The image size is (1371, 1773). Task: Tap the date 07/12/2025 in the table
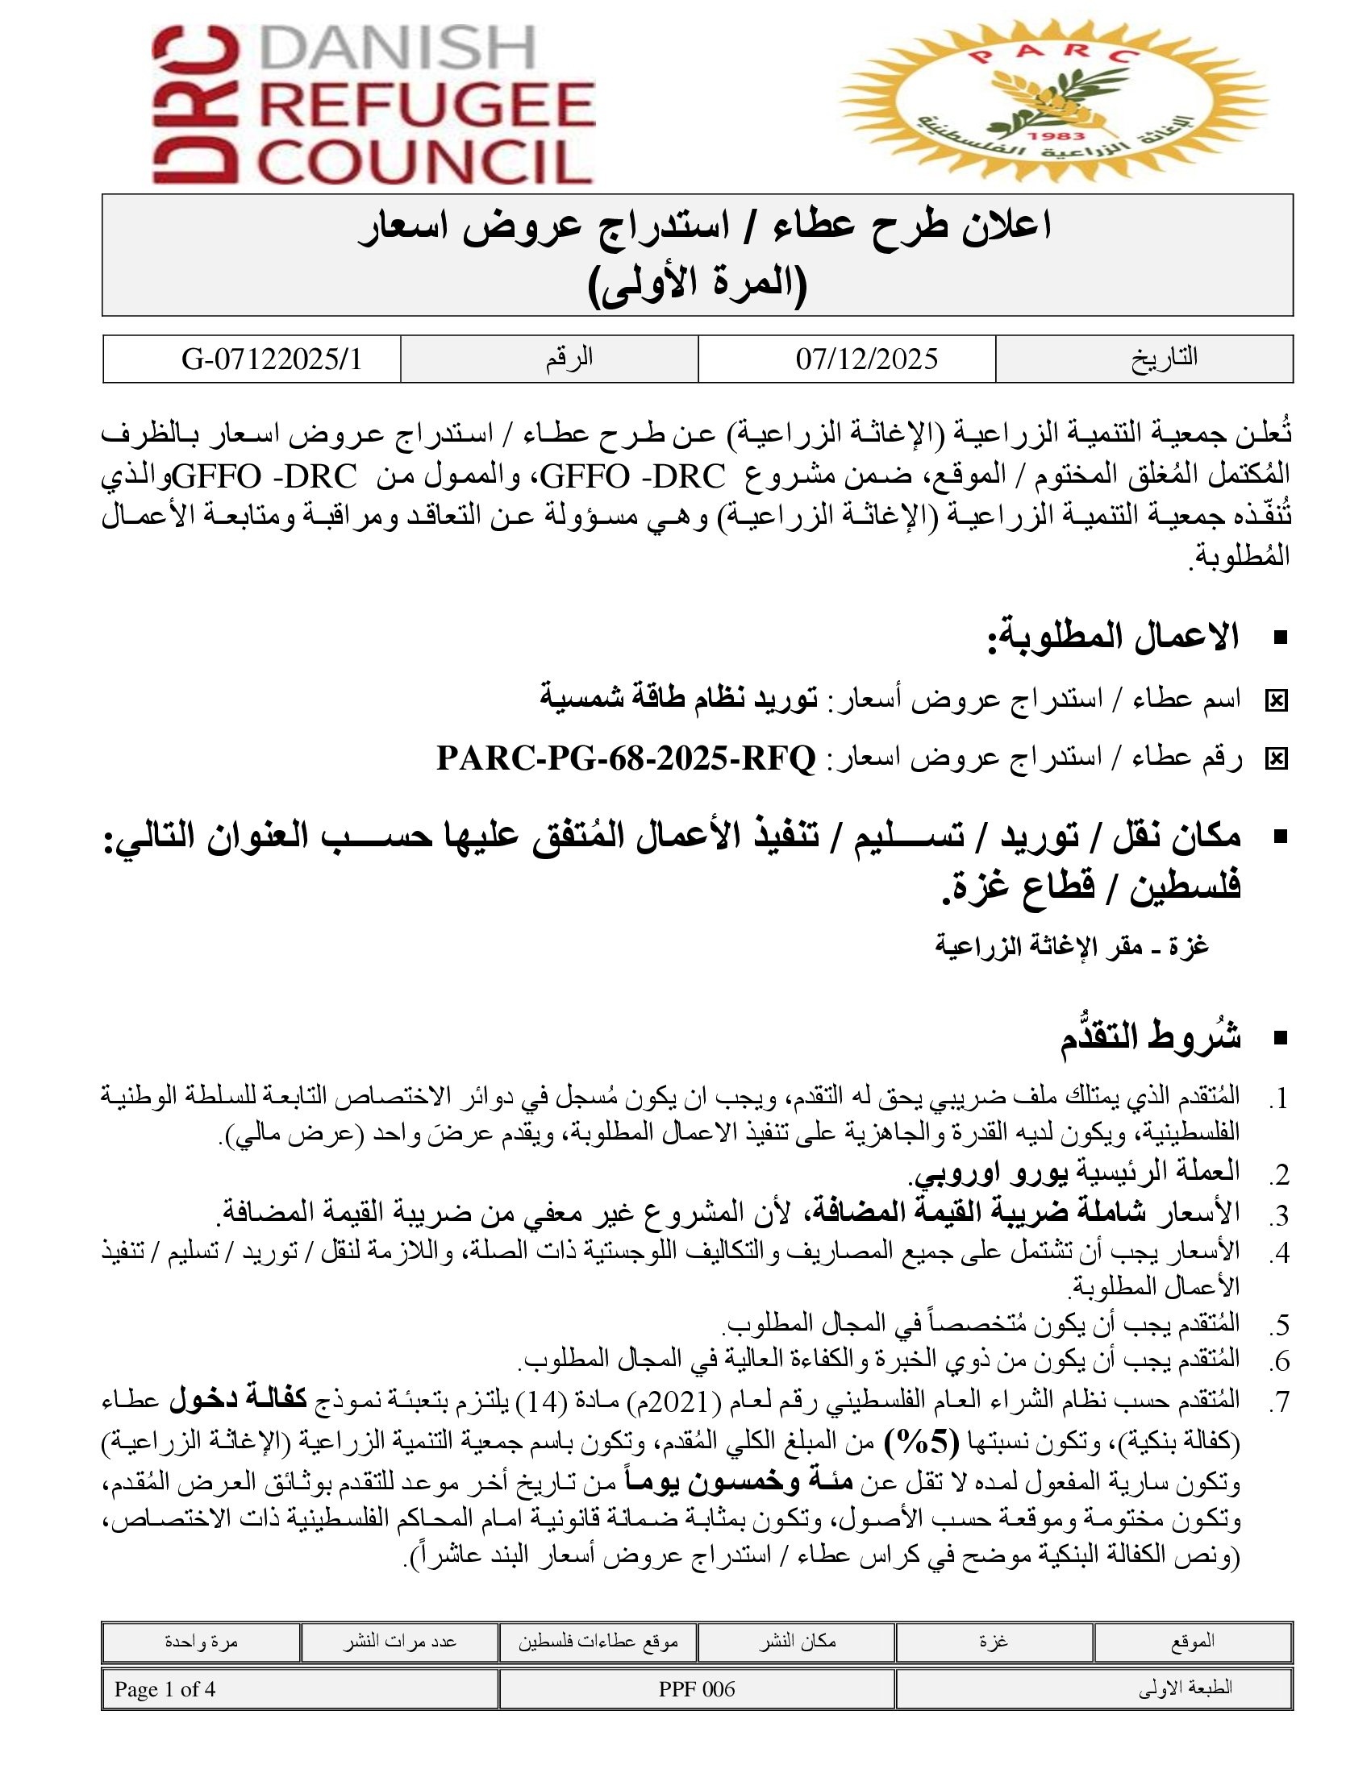866,359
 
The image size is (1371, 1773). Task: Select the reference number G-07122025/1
272,359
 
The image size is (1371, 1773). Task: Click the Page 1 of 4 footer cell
165,1689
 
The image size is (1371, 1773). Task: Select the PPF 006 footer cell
696,1689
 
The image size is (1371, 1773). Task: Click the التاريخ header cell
1164,358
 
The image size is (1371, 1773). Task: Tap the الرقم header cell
569,358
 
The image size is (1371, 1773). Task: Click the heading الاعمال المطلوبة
1113,638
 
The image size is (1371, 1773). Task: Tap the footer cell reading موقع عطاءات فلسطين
598,1642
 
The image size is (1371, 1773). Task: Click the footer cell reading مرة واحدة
202,1642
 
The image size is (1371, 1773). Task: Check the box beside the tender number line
1276,759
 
